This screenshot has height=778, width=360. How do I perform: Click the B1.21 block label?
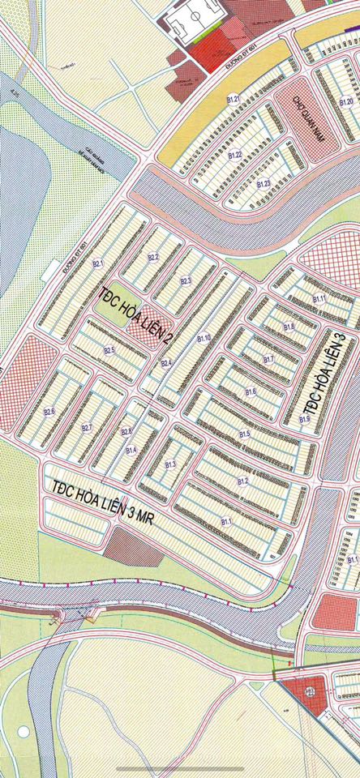click(x=234, y=99)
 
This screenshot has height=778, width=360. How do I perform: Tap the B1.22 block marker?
click(x=236, y=154)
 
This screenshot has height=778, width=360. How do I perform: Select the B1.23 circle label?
click(x=263, y=184)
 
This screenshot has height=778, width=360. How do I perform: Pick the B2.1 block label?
click(x=98, y=263)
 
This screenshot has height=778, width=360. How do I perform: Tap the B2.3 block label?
click(x=186, y=280)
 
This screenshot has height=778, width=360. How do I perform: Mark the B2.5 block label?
click(x=109, y=350)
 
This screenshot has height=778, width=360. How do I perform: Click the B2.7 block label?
click(x=87, y=427)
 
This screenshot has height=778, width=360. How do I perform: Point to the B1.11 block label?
click(x=319, y=299)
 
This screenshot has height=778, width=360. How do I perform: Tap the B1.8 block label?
click(x=289, y=326)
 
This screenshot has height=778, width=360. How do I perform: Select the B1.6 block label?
click(x=251, y=392)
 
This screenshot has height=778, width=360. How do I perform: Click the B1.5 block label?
click(x=244, y=434)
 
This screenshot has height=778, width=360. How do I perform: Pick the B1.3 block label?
click(x=170, y=464)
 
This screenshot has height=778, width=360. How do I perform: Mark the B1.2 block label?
click(x=242, y=481)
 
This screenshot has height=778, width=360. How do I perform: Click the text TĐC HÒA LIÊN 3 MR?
click(x=101, y=502)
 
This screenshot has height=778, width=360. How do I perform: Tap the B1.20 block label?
click(x=346, y=102)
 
